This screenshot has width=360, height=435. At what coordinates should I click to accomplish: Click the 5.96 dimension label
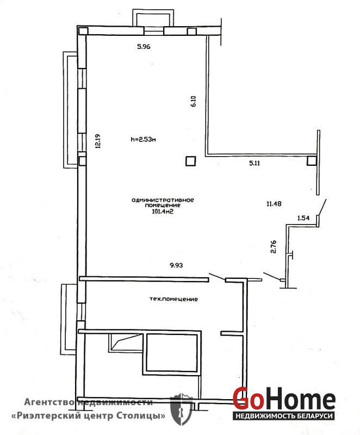click(144, 47)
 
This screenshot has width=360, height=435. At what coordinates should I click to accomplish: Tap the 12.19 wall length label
click(98, 141)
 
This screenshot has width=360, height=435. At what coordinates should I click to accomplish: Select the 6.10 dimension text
click(194, 101)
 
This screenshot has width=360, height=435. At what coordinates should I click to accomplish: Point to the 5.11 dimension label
click(255, 163)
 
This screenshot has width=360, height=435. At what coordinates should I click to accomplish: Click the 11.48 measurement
click(274, 203)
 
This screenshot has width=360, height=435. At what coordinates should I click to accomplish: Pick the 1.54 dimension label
click(303, 218)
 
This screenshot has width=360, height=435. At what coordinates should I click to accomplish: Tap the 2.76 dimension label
click(273, 247)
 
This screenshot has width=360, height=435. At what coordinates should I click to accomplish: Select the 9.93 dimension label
click(176, 265)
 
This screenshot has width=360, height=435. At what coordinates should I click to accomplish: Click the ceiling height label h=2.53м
click(143, 139)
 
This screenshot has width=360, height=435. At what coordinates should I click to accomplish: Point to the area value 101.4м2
click(163, 212)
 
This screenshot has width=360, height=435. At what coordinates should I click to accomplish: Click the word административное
click(163, 200)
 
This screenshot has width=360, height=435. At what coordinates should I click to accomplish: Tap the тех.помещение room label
click(173, 299)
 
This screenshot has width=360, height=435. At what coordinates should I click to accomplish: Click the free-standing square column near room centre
click(190, 161)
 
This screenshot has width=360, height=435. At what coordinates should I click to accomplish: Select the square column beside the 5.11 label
click(312, 160)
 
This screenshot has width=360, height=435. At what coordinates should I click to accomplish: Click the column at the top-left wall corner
click(83, 31)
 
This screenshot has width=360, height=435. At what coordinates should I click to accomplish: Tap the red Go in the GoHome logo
click(248, 398)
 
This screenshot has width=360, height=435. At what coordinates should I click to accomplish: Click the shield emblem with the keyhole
click(182, 409)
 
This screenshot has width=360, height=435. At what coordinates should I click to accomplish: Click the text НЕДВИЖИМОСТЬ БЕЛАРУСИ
click(284, 415)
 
